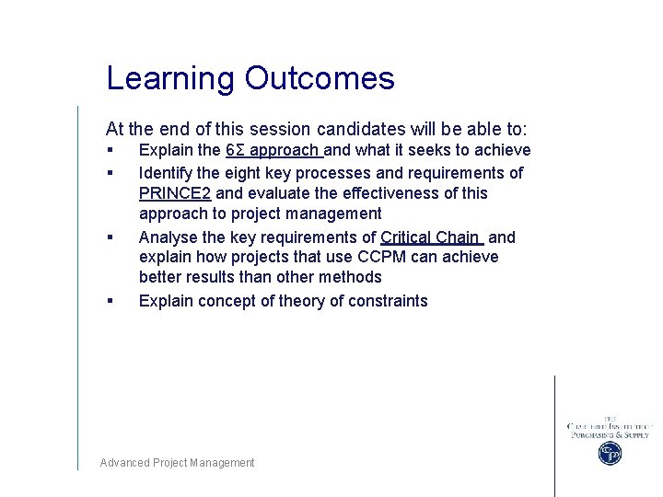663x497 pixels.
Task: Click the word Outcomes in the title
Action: click(320, 79)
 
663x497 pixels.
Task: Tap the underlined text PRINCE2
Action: click(175, 193)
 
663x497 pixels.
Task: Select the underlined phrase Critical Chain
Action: click(430, 237)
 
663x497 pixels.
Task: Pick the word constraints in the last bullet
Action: click(385, 301)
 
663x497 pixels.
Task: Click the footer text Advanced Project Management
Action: click(177, 463)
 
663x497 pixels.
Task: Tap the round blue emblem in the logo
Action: click(610, 453)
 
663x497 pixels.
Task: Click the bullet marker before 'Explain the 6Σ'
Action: click(110, 150)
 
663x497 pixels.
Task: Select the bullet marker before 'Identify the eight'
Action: click(110, 173)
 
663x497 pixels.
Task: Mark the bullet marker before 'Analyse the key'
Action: click(110, 237)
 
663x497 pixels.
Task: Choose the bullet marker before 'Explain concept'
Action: click(110, 301)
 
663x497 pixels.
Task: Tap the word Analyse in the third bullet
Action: click(169, 237)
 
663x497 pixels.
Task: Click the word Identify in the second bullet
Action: click(166, 173)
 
